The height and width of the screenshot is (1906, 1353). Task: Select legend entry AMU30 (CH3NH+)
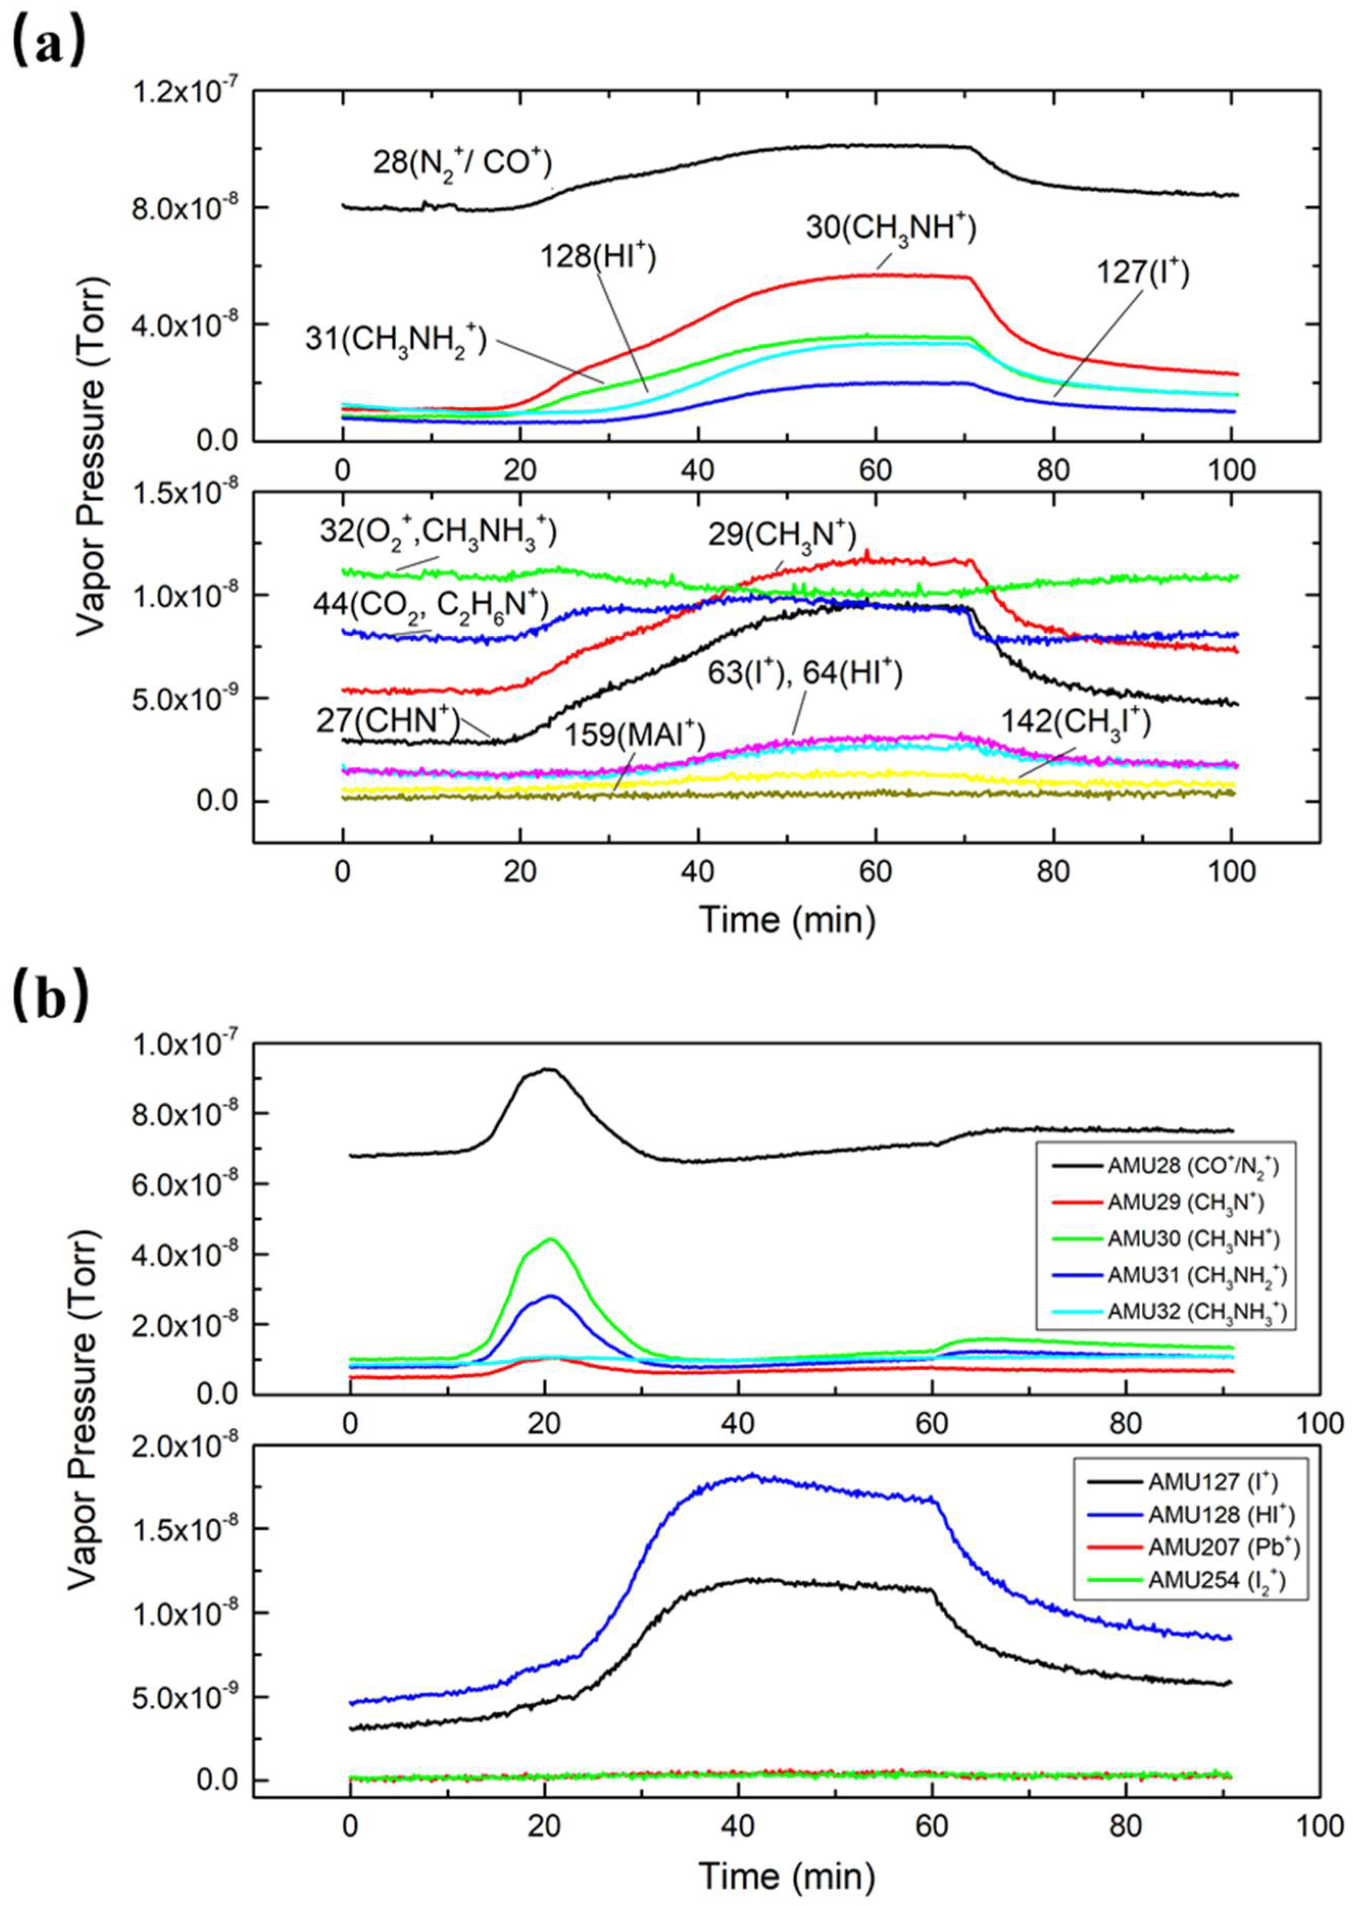coord(1192,1238)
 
